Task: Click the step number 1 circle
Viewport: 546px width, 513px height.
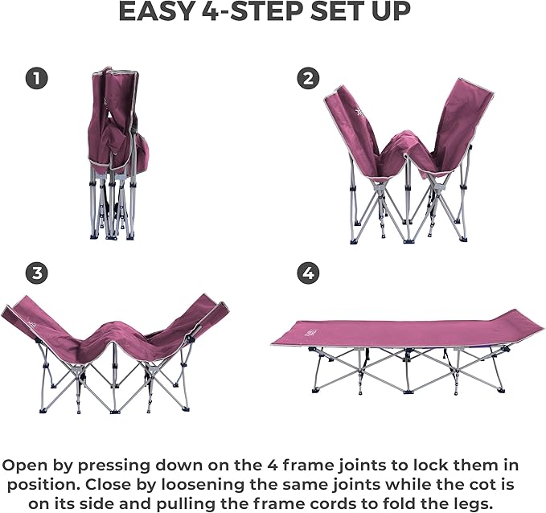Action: click(36, 78)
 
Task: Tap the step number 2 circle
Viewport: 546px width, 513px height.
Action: click(307, 78)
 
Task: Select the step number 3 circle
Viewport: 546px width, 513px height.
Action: click(36, 273)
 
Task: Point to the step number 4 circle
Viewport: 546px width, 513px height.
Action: click(307, 273)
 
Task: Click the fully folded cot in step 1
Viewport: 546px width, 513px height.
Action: click(115, 153)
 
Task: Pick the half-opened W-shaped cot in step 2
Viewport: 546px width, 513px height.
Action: click(408, 161)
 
